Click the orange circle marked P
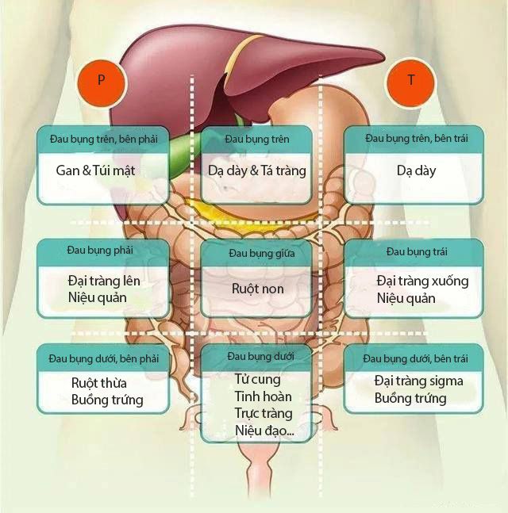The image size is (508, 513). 101,80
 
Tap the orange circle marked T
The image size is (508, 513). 410,80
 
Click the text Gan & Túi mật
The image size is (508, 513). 95,170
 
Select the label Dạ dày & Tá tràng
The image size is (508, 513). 256,170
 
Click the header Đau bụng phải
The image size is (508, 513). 100,251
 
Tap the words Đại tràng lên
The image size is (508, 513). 104,281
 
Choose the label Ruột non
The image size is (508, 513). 257,289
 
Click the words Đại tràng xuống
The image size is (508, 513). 422,281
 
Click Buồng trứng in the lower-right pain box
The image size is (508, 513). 410,398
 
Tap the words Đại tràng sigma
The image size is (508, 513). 418,381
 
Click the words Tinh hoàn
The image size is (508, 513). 263,396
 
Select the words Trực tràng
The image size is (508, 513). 264,413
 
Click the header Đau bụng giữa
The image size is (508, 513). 257,253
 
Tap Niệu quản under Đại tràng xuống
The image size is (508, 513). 406,299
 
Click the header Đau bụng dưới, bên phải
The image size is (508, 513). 103,358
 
